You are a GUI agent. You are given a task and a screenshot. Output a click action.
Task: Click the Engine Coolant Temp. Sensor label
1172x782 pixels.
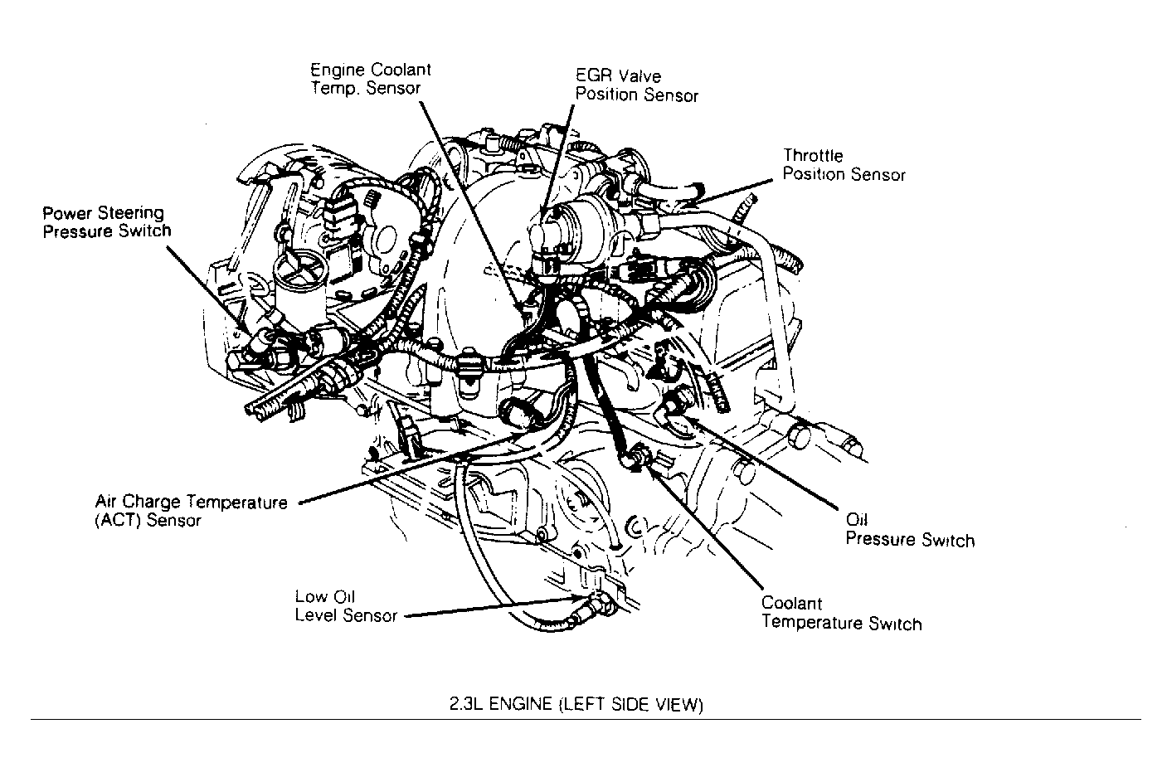click(x=370, y=79)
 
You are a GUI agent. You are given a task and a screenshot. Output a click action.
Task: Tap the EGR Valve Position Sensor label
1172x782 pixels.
click(x=636, y=86)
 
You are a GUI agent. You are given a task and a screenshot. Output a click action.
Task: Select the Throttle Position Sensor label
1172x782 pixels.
click(x=844, y=165)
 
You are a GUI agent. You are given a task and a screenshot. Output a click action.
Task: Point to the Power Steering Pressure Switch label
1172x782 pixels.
click(x=106, y=222)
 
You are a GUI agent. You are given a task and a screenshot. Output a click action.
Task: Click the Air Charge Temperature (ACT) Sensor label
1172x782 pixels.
click(x=191, y=512)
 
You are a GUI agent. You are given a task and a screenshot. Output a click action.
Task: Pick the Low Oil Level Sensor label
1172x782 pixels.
click(x=346, y=606)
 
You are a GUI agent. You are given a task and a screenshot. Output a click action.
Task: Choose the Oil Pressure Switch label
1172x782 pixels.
click(x=909, y=531)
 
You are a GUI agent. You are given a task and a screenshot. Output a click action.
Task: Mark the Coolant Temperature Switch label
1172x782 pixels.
click(x=841, y=614)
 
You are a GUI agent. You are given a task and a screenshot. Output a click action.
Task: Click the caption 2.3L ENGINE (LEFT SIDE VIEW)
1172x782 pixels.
click(x=576, y=705)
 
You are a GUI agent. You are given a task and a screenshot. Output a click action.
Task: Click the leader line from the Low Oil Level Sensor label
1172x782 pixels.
click(x=489, y=610)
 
